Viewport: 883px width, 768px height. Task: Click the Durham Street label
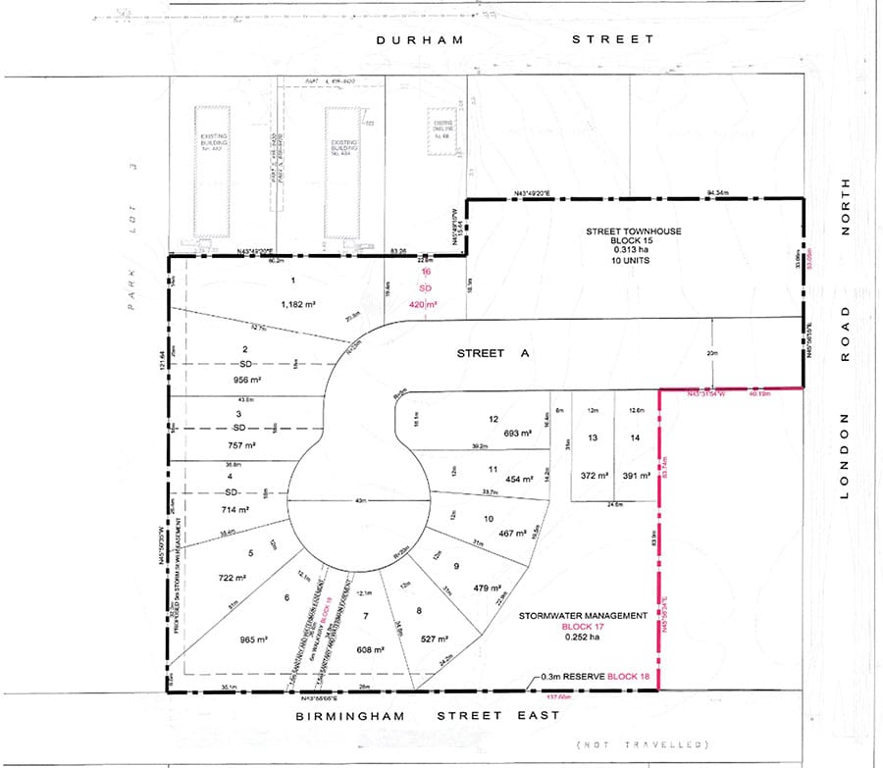coord(516,39)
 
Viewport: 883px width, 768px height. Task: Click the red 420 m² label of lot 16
coord(424,305)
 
